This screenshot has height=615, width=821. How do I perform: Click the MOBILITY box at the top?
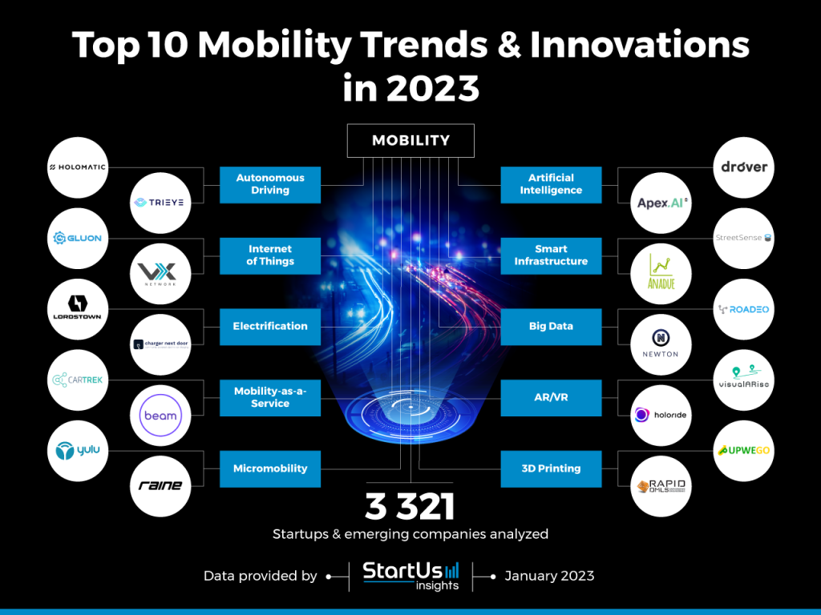(410, 141)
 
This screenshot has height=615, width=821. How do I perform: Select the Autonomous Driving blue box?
(270, 184)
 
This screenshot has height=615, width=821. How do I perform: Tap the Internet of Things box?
(270, 255)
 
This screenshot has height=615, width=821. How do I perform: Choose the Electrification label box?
(270, 326)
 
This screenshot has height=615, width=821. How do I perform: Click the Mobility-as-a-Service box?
(270, 397)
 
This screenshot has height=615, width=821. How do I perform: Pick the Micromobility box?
(270, 468)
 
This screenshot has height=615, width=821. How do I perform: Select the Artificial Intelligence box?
(551, 184)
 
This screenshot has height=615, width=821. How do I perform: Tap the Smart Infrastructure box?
(551, 255)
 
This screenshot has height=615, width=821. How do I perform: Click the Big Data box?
(551, 326)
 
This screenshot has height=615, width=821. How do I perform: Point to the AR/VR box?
(551, 397)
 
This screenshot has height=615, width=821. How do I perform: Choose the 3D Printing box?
(551, 468)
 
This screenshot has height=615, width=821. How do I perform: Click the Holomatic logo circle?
(77, 167)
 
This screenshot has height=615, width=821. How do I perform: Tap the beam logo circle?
(160, 415)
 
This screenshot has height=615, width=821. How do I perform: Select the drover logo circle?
(743, 167)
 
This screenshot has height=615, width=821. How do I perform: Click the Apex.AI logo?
(661, 203)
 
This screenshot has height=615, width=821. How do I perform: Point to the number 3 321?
(410, 506)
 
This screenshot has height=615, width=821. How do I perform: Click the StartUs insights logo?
(410, 575)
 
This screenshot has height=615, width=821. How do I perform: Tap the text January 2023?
(549, 575)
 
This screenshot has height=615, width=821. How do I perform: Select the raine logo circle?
(160, 485)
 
